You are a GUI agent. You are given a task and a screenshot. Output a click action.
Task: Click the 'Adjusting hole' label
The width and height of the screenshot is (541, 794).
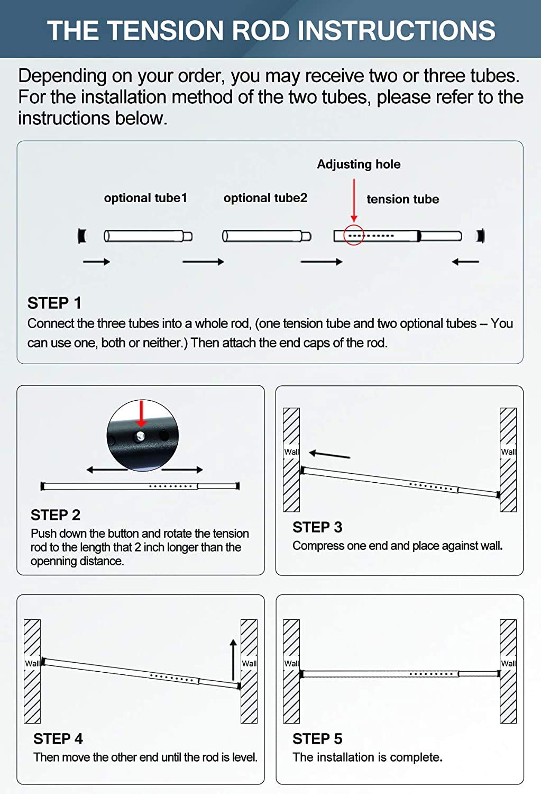[359, 164]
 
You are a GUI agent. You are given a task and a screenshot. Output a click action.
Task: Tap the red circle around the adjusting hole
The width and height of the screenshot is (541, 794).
[354, 234]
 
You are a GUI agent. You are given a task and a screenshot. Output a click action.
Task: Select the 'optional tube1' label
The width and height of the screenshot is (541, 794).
[145, 198]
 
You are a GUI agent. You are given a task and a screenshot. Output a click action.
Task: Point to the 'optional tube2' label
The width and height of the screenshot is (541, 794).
[265, 198]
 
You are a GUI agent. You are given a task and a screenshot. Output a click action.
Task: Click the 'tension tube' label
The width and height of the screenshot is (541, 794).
[402, 199]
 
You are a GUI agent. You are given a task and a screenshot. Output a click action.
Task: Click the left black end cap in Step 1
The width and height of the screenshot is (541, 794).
[82, 236]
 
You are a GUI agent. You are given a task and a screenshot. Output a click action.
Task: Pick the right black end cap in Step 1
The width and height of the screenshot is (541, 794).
[480, 236]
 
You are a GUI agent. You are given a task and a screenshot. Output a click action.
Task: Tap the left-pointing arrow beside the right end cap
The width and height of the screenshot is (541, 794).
[465, 261]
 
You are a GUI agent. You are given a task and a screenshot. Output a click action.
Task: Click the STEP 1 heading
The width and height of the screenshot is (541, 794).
[54, 303]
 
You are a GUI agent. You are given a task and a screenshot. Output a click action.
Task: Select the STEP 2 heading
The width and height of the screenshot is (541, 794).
[56, 515]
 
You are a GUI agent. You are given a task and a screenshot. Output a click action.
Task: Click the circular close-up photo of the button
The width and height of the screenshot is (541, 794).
[143, 435]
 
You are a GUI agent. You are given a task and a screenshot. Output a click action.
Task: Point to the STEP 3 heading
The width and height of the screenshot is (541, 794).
[317, 527]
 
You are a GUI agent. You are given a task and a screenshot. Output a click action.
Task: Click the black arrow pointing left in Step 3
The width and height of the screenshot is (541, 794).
[329, 454]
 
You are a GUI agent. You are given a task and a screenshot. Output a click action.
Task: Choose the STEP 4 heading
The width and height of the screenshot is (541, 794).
[58, 739]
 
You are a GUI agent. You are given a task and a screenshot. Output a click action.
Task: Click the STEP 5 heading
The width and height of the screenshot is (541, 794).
[317, 739]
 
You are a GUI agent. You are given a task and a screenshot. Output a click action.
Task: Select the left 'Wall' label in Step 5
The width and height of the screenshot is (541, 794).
[291, 663]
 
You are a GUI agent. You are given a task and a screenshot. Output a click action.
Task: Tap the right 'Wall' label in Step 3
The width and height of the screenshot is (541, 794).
[508, 452]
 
